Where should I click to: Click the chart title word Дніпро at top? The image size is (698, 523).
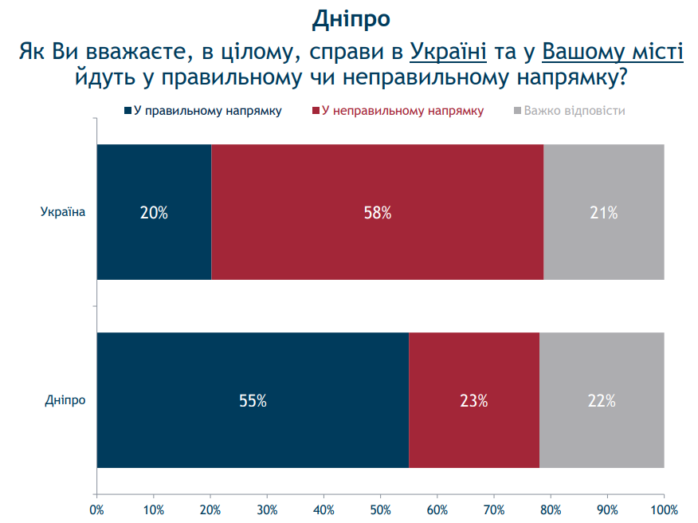[351, 18]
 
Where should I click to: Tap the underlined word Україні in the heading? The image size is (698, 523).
[448, 53]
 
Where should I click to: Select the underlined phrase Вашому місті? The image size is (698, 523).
[613, 53]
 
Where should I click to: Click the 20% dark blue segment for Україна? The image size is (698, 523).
[154, 213]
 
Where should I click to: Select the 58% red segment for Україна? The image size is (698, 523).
[377, 213]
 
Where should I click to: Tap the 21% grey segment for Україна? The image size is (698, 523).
[604, 213]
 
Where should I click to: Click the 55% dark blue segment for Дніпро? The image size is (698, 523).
[253, 401]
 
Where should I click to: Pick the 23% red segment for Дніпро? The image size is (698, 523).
[473, 401]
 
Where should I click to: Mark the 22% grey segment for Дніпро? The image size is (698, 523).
[602, 401]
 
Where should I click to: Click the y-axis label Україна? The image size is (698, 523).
[62, 212]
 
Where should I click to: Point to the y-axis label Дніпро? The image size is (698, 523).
[65, 400]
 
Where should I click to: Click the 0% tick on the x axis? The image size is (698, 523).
[96, 509]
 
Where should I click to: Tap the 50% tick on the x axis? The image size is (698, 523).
[381, 509]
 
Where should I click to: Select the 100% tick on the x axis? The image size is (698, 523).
[664, 509]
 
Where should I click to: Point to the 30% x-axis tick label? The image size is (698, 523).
[267, 509]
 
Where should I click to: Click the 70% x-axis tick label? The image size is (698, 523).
[494, 509]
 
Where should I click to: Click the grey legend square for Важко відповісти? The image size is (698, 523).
[516, 111]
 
